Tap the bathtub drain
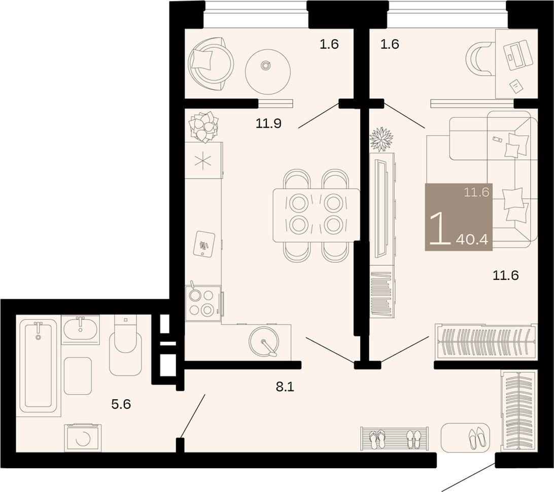point(38,337)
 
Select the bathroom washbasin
point(80,329)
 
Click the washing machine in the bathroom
point(83,438)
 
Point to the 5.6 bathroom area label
point(121,404)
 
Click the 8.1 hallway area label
point(285,386)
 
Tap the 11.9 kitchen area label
point(268,124)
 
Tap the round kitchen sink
point(264,341)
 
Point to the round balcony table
point(268,72)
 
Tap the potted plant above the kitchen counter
point(203,127)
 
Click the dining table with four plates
point(316,216)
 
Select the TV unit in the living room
point(383,209)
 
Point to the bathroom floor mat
point(78,376)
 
